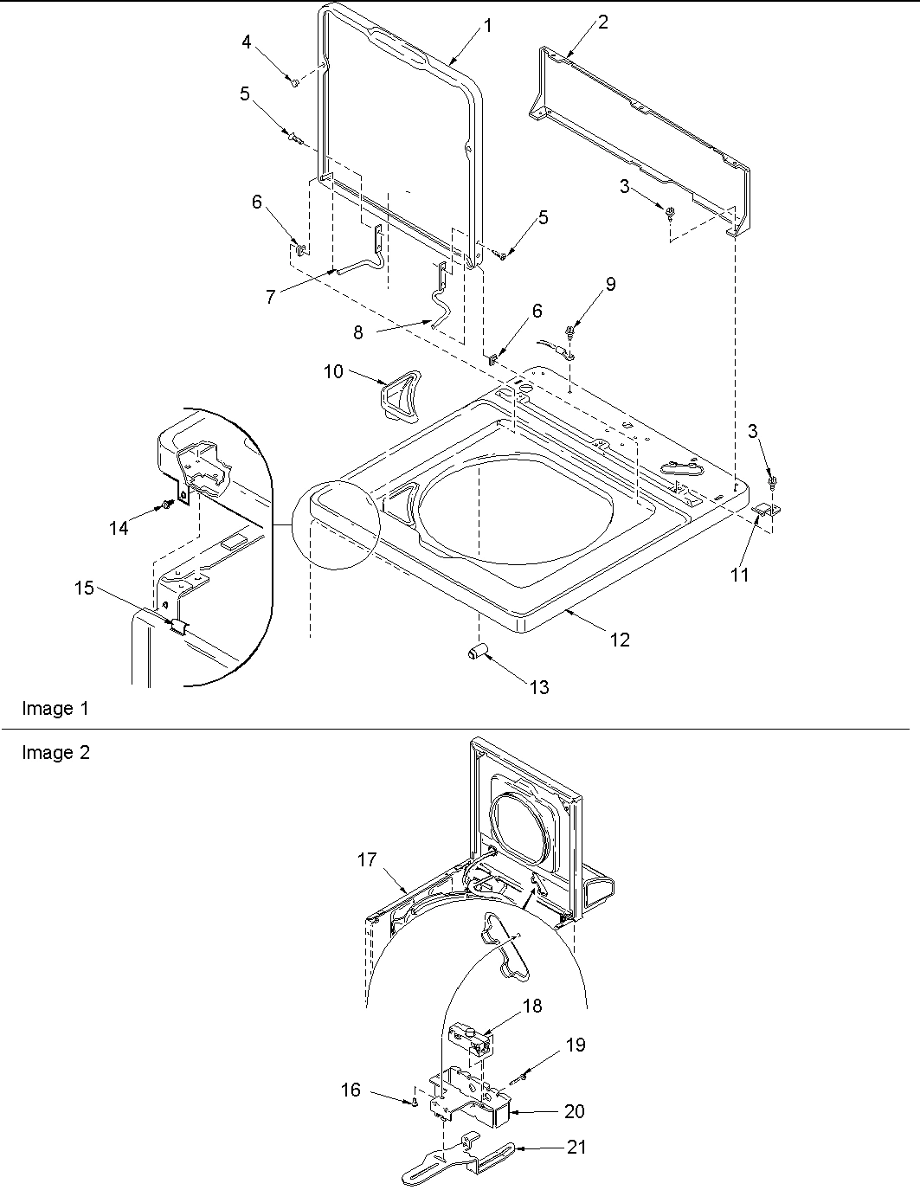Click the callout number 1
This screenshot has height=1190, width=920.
(x=488, y=26)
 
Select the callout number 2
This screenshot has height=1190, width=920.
(x=603, y=23)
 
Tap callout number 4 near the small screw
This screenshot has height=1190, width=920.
(x=247, y=42)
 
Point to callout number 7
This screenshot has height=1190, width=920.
(x=270, y=297)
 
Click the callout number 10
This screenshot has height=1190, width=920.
(x=333, y=371)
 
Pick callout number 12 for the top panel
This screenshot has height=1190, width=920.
(x=620, y=640)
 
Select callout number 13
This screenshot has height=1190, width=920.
(x=539, y=687)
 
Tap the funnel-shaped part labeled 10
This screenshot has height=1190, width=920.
(x=399, y=395)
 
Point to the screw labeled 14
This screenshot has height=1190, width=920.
(x=164, y=505)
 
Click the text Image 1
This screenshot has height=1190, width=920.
(x=55, y=709)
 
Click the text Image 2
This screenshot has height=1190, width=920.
(x=55, y=753)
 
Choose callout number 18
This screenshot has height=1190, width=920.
(x=532, y=1007)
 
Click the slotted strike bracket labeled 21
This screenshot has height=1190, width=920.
(x=459, y=1159)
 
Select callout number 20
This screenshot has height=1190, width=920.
(x=575, y=1111)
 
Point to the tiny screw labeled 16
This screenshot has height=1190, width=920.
(x=415, y=1102)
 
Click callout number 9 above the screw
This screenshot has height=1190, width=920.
(x=611, y=284)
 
